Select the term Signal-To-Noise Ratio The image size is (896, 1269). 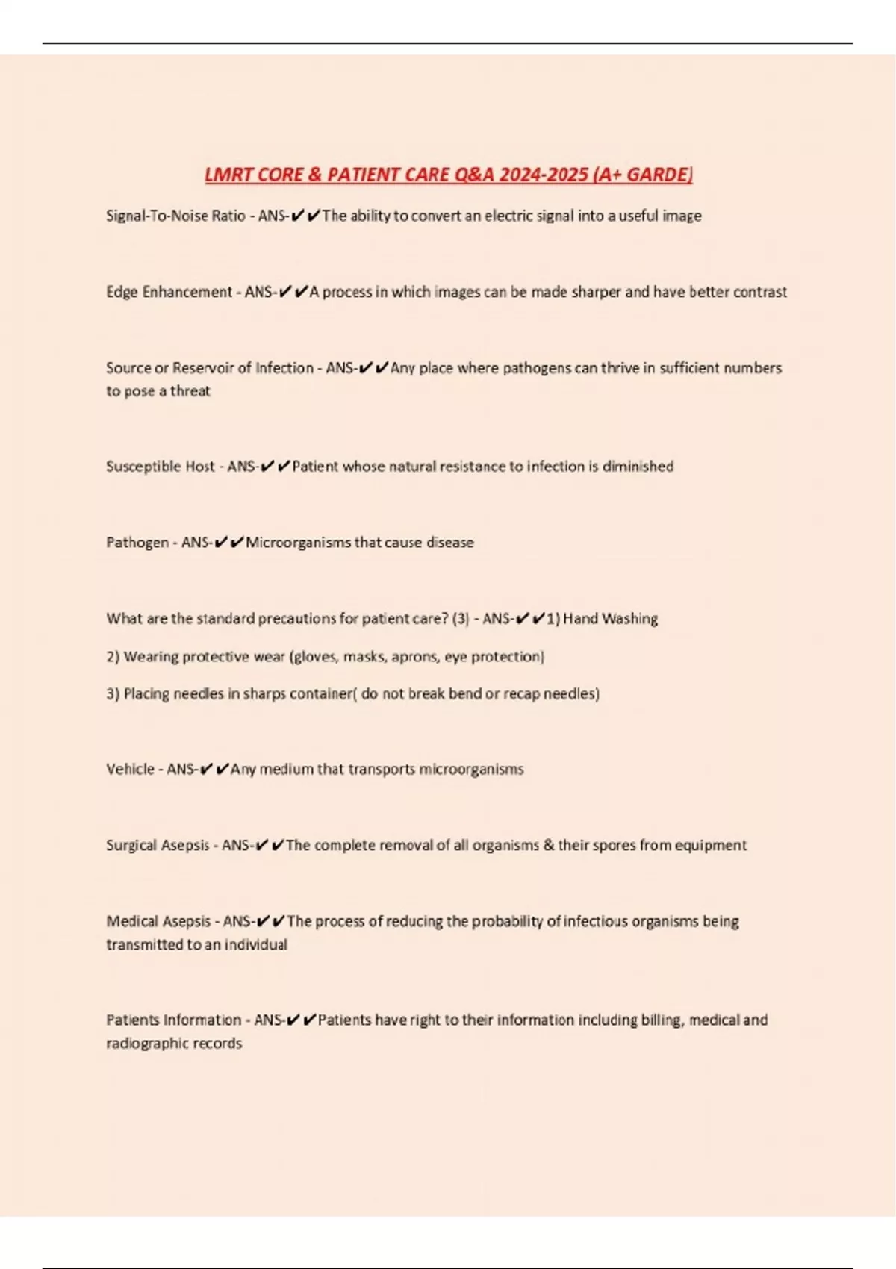pos(175,216)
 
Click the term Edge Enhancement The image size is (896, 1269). pos(169,292)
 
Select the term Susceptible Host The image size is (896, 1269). pos(160,467)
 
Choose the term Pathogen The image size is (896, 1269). pos(137,543)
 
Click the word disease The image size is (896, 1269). pos(449,543)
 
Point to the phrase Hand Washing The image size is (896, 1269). pos(610,619)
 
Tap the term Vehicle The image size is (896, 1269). pos(130,770)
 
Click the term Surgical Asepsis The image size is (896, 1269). pos(158,846)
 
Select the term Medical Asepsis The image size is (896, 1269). pos(158,922)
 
